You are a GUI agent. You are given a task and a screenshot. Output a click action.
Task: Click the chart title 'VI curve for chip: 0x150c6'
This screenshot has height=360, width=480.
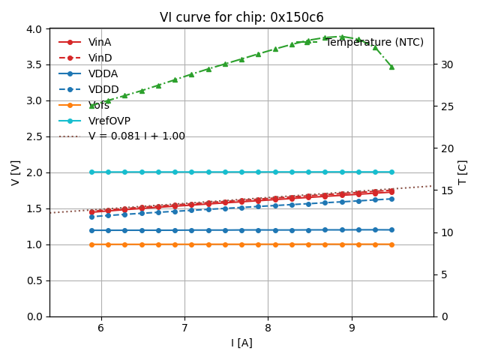pyautogui.click(x=241, y=17)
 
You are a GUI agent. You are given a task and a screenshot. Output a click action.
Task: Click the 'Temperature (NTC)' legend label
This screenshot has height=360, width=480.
pyautogui.click(x=374, y=42)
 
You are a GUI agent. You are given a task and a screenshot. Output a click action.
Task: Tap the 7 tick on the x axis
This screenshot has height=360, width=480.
pyautogui.click(x=184, y=328)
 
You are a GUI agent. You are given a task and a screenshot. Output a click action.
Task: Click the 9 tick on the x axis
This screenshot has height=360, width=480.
pyautogui.click(x=351, y=328)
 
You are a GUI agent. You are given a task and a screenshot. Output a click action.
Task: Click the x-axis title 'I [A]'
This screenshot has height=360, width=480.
pyautogui.click(x=241, y=343)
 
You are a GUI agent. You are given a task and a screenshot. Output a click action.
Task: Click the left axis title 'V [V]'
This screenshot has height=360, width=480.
pyautogui.click(x=16, y=172)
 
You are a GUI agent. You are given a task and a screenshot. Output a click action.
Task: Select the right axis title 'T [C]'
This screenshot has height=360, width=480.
pyautogui.click(x=463, y=172)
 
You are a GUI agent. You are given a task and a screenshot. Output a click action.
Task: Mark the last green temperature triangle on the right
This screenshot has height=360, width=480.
pyautogui.click(x=391, y=67)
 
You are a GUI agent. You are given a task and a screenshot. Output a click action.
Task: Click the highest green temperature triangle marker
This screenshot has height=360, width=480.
pyautogui.click(x=342, y=37)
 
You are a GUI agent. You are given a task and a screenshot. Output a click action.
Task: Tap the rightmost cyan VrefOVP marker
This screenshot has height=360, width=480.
pyautogui.click(x=391, y=172)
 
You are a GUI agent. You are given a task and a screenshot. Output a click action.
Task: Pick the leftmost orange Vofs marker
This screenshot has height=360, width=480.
pyautogui.click(x=92, y=244)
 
